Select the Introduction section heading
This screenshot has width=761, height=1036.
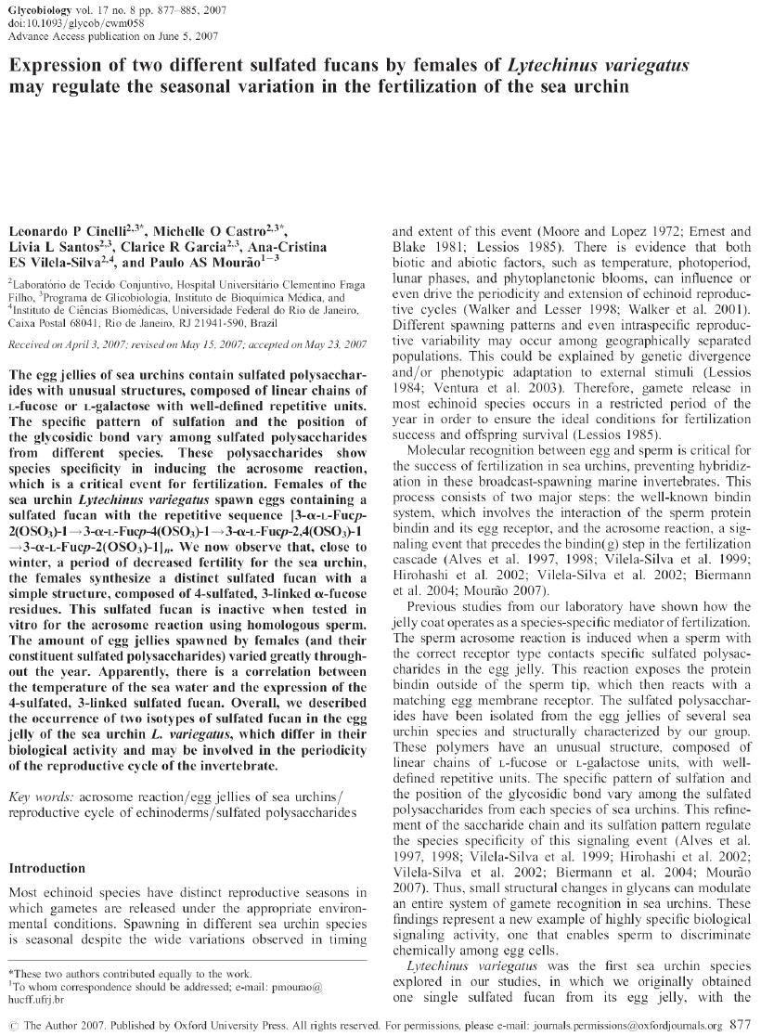46,868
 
